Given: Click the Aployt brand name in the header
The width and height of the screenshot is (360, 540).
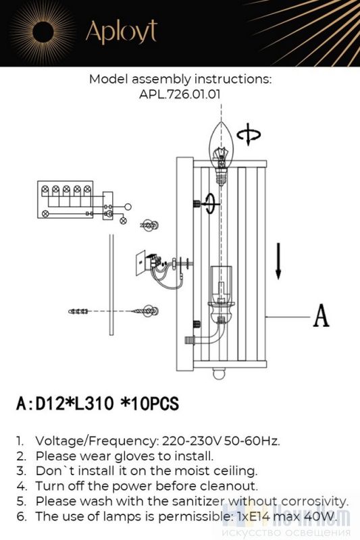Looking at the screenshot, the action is click(x=122, y=32).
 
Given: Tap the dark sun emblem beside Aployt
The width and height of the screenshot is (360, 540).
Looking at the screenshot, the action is click(x=43, y=32).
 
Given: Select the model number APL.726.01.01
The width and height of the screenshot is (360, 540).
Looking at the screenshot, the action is click(x=180, y=94).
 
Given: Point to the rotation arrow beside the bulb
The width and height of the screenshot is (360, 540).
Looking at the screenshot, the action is click(x=249, y=134).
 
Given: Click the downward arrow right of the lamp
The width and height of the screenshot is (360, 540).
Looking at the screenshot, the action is click(x=278, y=261).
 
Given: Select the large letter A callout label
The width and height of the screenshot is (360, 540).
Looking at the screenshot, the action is click(x=321, y=315).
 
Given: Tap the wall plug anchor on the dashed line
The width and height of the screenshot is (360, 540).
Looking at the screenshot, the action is click(x=78, y=311).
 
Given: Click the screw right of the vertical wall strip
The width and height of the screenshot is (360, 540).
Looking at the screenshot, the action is click(x=145, y=311).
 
